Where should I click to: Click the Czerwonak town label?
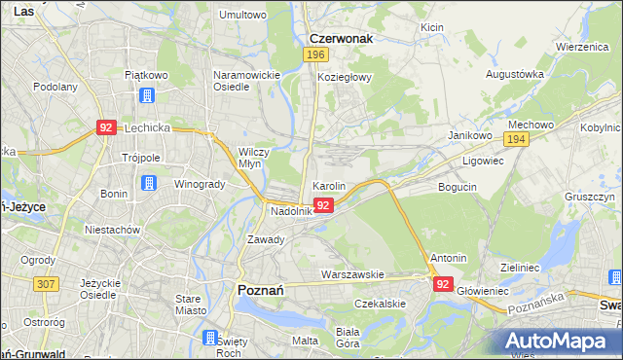[342, 39]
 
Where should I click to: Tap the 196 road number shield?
[314, 55]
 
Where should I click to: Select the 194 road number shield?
[516, 140]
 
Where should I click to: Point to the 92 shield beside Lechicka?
[107, 127]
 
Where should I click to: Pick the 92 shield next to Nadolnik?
[325, 205]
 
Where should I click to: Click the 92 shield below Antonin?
[443, 284]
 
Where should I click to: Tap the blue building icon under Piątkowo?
[147, 95]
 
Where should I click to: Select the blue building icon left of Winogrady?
[148, 183]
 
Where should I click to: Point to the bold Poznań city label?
[261, 289]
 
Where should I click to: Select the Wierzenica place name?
[581, 47]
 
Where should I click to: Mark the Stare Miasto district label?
[189, 304]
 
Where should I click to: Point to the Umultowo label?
[243, 16]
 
